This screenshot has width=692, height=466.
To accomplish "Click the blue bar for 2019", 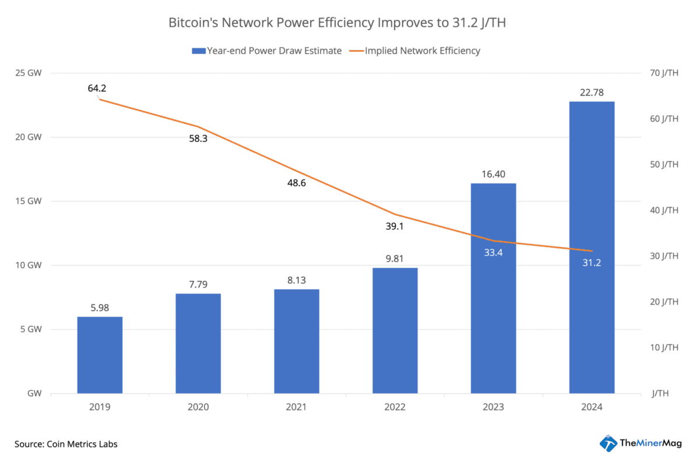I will pos(100,355).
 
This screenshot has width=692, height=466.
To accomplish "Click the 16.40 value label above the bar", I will pos(493,174).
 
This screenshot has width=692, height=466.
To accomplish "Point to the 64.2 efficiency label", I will pos(97,89).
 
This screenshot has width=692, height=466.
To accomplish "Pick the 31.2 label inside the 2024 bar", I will pos(591,263).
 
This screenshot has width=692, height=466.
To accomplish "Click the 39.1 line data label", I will pos(395,226).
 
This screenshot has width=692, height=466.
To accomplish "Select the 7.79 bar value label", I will pos(198,284).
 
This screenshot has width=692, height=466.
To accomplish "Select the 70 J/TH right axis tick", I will pos(665,73).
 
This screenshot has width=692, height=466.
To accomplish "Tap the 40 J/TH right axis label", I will pos(665,210).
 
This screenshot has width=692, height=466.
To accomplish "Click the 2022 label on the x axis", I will pos(395,407).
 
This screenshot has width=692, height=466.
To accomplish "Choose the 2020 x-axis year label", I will pos(198,407).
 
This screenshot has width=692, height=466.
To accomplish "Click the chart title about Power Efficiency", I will pos(345,23).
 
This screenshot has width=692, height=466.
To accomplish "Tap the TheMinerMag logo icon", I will pos(608,443).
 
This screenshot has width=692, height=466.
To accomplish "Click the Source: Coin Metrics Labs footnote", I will pos(66,444).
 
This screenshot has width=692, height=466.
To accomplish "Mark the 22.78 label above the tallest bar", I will pos(591,91).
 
